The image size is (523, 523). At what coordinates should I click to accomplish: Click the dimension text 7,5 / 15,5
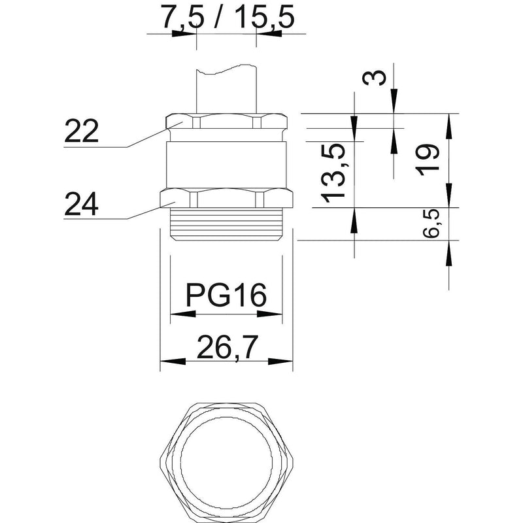click(x=228, y=18)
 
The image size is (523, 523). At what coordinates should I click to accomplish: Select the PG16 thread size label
click(x=226, y=295)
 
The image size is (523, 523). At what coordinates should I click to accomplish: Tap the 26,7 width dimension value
click(x=228, y=347)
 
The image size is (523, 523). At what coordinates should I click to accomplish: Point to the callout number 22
click(x=81, y=131)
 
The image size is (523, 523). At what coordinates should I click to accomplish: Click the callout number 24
click(x=81, y=204)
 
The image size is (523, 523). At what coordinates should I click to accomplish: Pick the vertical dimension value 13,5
click(x=333, y=173)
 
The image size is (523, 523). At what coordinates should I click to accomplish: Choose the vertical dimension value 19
click(x=428, y=160)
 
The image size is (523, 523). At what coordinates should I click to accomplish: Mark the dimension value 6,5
click(x=431, y=224)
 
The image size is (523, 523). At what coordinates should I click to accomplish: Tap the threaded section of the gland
click(x=226, y=224)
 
